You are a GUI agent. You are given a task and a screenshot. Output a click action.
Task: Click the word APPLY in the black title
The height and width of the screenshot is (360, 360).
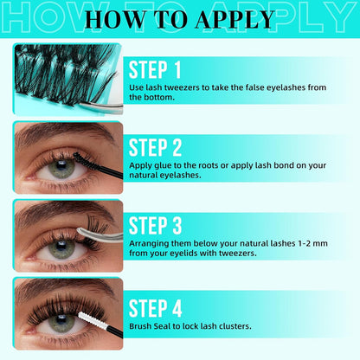(235, 20)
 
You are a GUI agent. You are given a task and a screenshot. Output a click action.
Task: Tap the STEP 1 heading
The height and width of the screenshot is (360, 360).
(155, 70)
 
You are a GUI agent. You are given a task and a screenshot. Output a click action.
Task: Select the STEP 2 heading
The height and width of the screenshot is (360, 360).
(155, 148)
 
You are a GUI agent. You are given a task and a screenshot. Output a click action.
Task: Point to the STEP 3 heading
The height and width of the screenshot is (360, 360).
(155, 226)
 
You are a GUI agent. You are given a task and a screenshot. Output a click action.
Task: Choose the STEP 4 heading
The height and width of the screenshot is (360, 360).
(155, 308)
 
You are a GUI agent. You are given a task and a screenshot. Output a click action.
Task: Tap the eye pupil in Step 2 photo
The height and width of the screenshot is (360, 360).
(61, 165)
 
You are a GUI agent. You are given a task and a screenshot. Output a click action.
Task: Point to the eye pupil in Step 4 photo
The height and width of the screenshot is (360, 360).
(61, 319)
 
